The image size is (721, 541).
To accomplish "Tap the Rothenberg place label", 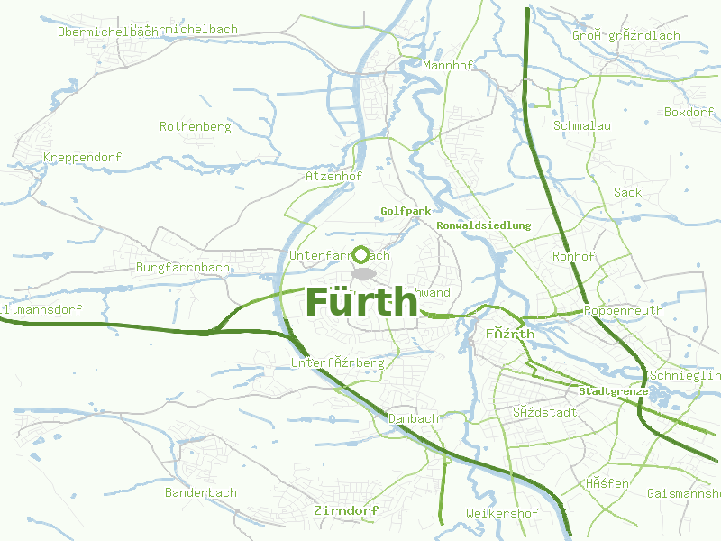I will coord(195,127).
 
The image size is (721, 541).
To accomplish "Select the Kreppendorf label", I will coord(82,158).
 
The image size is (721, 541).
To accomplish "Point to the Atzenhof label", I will coord(333,177).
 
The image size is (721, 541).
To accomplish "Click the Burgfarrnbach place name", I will coord(183,268).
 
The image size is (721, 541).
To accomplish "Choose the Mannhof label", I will coord(448,66).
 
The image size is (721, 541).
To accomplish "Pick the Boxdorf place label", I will coord(689,113).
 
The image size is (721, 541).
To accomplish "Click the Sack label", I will coord(627,192).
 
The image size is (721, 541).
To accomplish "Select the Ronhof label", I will coord(573,257).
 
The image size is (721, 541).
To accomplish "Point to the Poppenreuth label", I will coord(624,311).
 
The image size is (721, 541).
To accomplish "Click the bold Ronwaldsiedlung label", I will coord(483,225).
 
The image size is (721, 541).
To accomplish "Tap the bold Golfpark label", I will coord(406,211).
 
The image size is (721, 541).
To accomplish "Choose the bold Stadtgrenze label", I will coord(613,392).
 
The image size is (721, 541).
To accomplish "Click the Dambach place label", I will coord(413,419).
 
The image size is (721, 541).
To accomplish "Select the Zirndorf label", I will coord(346,511).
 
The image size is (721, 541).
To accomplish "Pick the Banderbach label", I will coord(200,493).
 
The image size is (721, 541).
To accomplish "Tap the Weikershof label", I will coord(502,514).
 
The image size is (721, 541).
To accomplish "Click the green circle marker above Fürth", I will coord(361,254).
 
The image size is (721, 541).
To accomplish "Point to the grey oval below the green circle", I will coord(362,273).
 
